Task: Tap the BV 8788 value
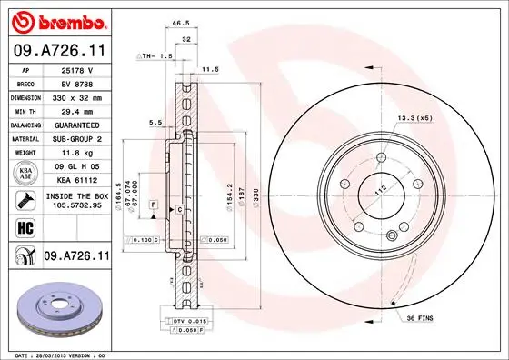coord(77,84)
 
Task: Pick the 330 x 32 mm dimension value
coord(77,95)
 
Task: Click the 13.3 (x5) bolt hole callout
coord(414,118)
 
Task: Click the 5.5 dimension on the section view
coord(155,122)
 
